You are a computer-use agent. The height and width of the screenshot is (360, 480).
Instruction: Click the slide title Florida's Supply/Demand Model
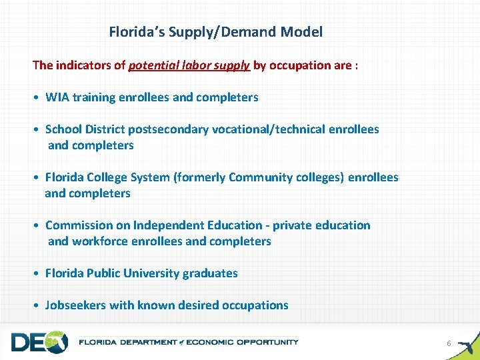215,31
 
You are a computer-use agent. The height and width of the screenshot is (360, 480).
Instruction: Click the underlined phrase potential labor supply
189,65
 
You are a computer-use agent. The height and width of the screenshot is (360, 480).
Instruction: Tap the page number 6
449,343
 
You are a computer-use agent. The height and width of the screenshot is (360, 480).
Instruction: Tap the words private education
321,225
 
